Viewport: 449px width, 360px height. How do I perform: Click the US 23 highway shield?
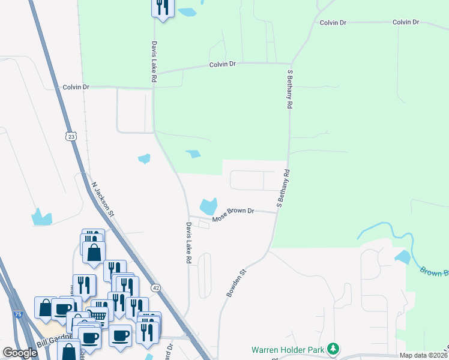tap(71, 137)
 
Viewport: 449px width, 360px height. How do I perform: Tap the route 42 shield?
tap(156, 288)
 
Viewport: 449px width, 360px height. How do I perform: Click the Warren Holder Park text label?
tap(287, 349)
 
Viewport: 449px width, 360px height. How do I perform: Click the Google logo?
tap(20, 353)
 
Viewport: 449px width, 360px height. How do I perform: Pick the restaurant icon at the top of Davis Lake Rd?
tap(163, 7)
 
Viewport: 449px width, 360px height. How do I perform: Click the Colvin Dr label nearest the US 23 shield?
tap(76, 87)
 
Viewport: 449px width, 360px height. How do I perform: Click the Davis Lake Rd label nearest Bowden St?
tap(188, 243)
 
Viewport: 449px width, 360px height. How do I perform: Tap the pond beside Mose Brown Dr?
tap(208, 206)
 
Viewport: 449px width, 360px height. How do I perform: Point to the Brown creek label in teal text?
tap(433, 271)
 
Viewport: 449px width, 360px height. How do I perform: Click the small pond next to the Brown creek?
tap(403, 257)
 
